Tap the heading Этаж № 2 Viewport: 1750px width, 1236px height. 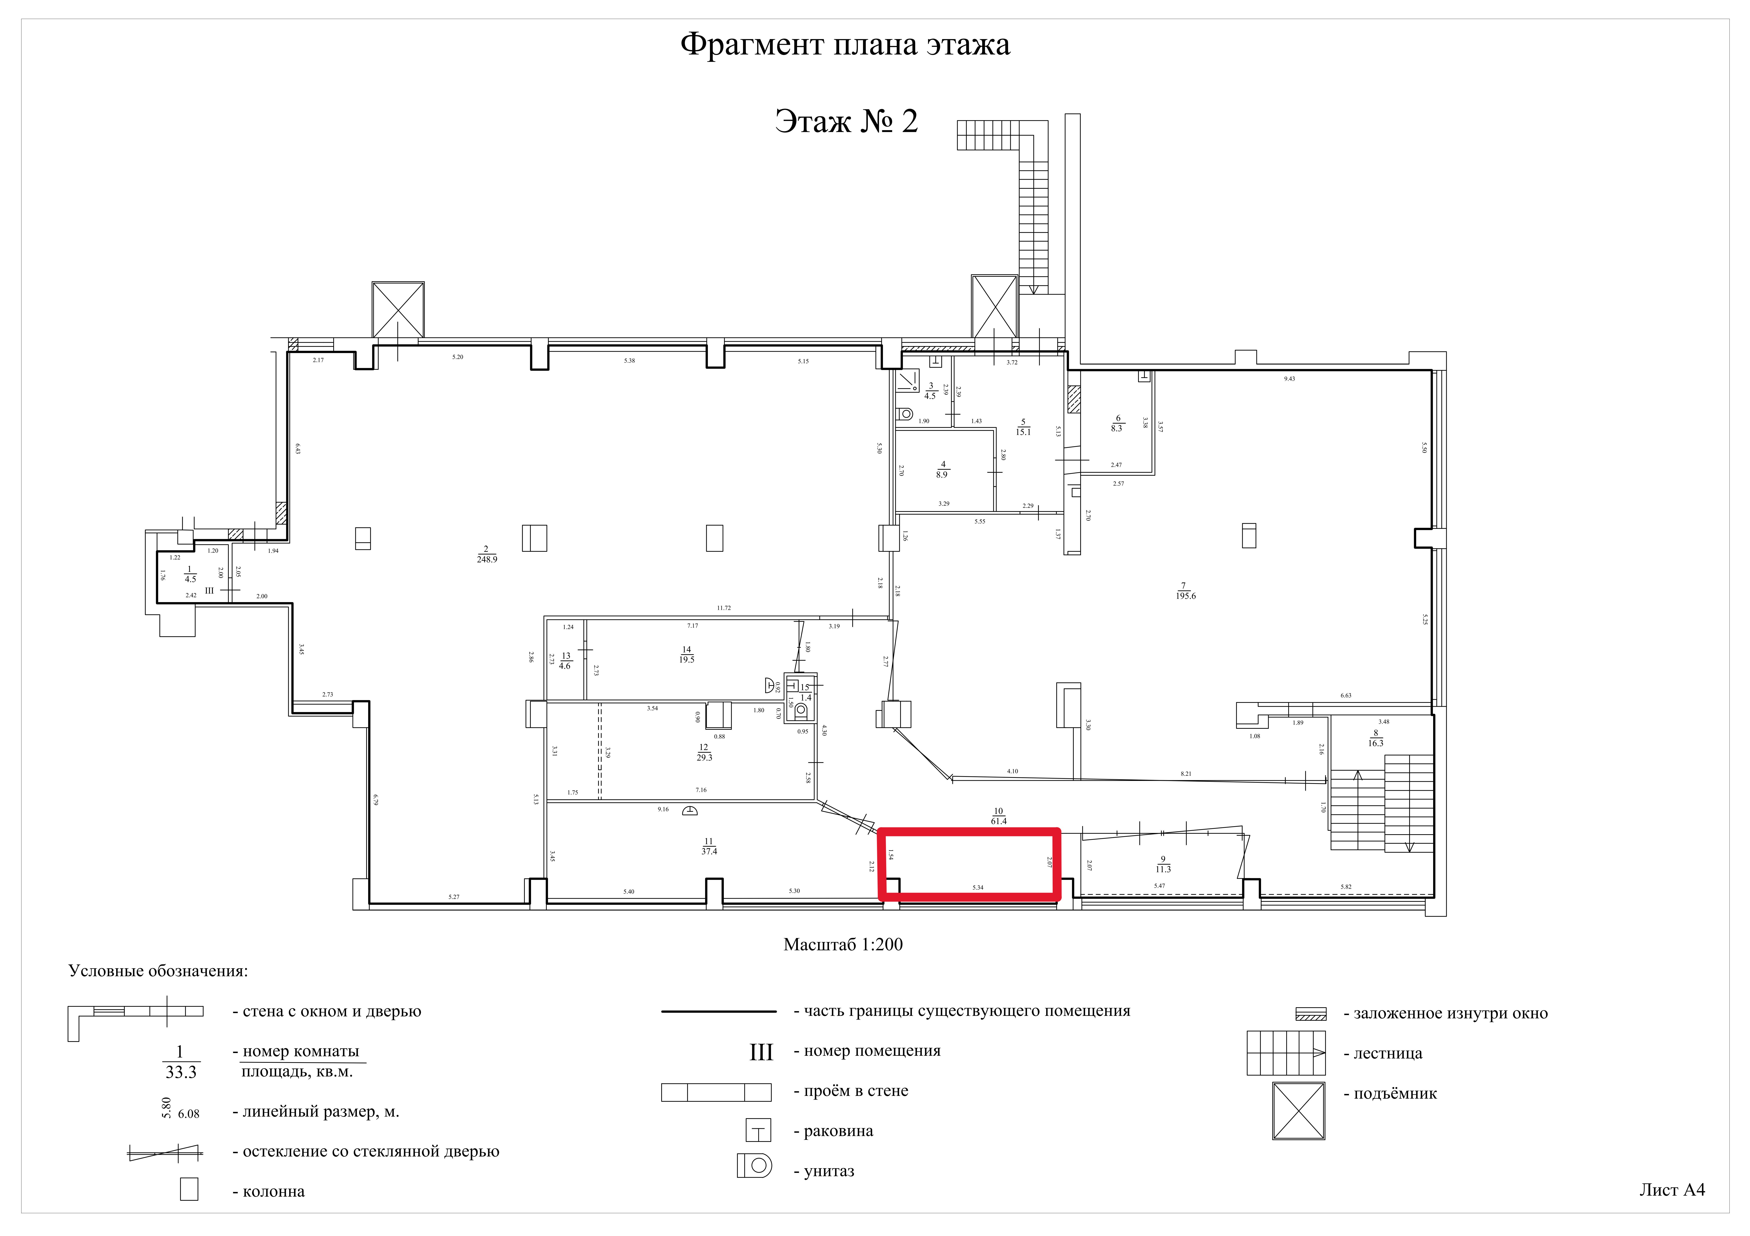[x=846, y=121]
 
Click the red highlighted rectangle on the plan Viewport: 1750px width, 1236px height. [x=969, y=865]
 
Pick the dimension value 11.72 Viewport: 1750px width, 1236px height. [x=723, y=608]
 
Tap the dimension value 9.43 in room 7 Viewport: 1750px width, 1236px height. [x=1289, y=379]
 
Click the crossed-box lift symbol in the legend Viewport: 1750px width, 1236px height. [x=1298, y=1111]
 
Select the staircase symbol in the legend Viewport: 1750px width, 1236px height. [x=1285, y=1053]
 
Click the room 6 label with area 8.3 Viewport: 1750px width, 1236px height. [x=1117, y=424]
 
